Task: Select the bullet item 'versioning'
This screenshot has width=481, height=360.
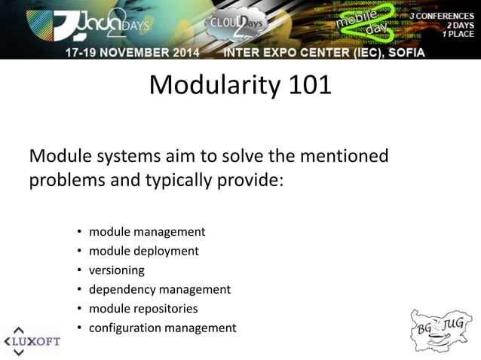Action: pos(116,270)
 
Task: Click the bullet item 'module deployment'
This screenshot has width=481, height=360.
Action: pos(144,251)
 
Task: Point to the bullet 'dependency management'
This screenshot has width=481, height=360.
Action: pos(160,289)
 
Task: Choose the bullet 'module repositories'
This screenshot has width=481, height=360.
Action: pos(143,308)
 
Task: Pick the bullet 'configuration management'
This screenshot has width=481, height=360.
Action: pos(162,328)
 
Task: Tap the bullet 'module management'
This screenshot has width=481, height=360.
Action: pos(147,231)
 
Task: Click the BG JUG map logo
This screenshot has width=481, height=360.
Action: pos(441,329)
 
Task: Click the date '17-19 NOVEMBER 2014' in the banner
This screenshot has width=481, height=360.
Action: pos(138,53)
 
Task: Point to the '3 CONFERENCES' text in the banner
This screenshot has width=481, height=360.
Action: pos(442,15)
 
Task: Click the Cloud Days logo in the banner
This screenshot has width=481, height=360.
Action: pos(236,26)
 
